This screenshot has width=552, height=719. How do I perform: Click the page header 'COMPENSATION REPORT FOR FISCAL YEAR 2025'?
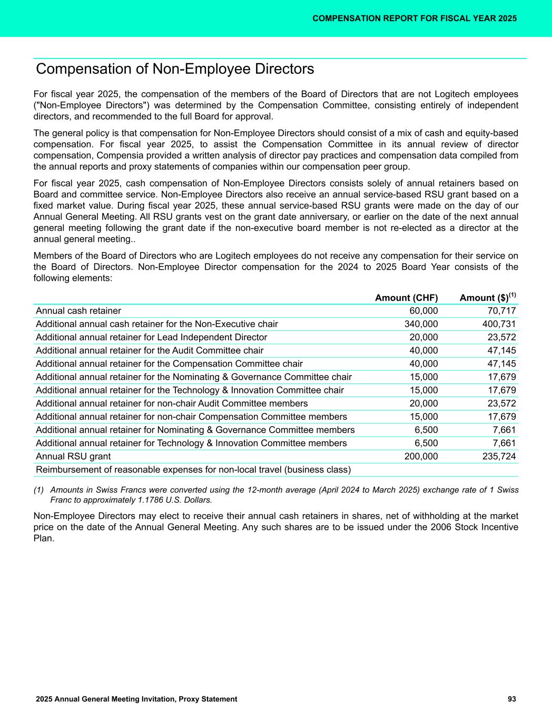(x=414, y=18)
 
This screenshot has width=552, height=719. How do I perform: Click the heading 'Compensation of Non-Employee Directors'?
(x=175, y=69)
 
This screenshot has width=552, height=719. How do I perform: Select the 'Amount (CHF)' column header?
(x=406, y=298)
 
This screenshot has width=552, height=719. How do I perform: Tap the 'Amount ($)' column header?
(x=485, y=298)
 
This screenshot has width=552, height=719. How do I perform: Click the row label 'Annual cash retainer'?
(x=78, y=311)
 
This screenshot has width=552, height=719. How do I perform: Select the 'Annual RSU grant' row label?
(x=73, y=456)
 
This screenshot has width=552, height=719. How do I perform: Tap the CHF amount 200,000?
(x=420, y=456)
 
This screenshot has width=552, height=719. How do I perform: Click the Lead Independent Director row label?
(x=151, y=337)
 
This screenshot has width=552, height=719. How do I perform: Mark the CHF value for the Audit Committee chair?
(x=423, y=350)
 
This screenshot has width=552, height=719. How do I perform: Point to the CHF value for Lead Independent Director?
(x=423, y=337)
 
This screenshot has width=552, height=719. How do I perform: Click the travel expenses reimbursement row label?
(x=193, y=469)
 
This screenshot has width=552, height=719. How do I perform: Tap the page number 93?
(x=511, y=699)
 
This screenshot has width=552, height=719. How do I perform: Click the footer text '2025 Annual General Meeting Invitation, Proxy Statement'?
(x=136, y=699)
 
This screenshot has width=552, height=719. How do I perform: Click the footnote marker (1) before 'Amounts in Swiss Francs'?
(x=39, y=490)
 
